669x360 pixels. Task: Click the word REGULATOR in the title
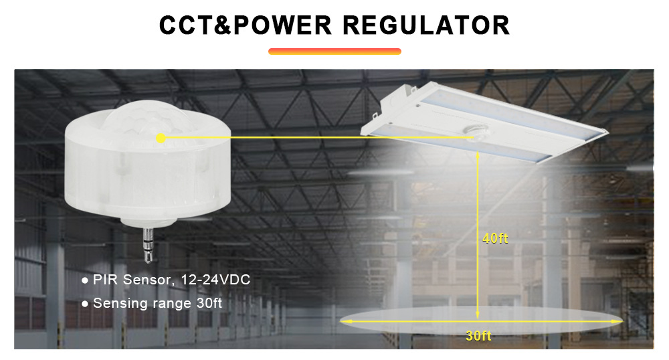(426, 25)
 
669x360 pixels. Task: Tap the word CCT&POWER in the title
(246, 25)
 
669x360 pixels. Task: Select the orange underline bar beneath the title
(334, 51)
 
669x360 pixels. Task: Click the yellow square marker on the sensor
(161, 138)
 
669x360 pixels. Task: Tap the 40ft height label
(495, 238)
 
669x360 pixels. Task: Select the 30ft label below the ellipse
(478, 336)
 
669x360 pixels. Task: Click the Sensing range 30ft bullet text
(157, 303)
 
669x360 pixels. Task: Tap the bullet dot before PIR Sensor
(85, 280)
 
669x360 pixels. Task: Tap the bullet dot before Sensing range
(85, 304)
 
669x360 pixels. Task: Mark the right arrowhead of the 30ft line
(619, 322)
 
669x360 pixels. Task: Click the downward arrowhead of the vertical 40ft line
(478, 313)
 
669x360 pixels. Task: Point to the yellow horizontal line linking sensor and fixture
(314, 138)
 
